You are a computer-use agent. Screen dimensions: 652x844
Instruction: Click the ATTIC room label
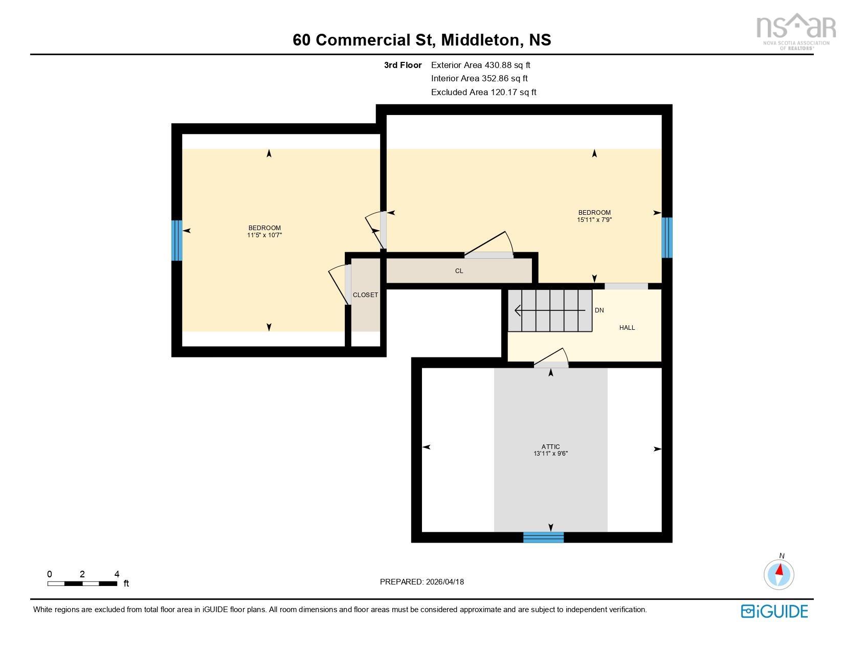point(550,446)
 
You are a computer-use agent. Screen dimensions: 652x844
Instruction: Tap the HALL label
point(627,328)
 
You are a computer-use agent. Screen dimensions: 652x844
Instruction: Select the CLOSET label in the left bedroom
point(365,295)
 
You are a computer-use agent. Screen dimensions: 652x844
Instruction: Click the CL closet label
point(459,271)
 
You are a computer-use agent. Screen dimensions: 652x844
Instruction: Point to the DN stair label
point(599,310)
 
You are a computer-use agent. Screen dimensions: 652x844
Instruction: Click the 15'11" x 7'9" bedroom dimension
point(594,220)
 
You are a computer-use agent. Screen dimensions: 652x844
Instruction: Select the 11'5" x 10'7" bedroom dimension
point(264,235)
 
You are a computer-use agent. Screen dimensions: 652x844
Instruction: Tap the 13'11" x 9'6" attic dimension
point(550,454)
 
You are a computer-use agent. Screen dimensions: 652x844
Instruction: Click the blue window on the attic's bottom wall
point(543,537)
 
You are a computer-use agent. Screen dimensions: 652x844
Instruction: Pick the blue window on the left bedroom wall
point(176,240)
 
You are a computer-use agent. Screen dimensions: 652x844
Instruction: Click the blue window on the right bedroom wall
point(667,238)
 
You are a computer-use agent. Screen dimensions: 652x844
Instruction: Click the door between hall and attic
point(551,364)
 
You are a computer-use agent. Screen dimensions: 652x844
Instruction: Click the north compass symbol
point(779,574)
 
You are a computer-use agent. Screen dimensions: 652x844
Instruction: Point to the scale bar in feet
point(82,583)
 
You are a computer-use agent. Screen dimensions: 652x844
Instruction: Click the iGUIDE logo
point(774,611)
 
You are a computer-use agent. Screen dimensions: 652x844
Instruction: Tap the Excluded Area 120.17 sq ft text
point(483,92)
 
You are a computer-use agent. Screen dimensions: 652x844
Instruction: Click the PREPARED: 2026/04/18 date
point(421,581)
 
